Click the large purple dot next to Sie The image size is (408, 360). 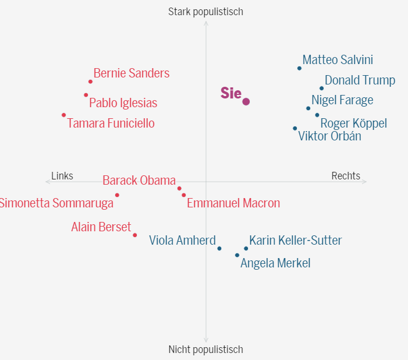pos(246,101)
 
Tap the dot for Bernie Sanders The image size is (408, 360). pos(90,82)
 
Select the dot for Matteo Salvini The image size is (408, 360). pos(300,68)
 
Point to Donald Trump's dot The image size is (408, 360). pos(321,89)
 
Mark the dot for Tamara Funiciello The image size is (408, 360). pos(64,115)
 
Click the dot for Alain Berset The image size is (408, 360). pos(135,235)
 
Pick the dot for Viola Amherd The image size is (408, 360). pos(219,248)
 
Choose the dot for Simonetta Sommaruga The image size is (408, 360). pos(117,195)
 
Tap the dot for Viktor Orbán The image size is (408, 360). pos(295,128)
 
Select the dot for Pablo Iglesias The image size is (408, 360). pos(86,95)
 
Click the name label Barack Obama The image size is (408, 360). pos(139,181)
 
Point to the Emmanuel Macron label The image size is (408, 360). pos(233,203)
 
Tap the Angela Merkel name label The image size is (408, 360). pos(275,263)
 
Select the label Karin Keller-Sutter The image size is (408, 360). pos(296,240)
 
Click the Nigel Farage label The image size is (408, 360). pos(342,100)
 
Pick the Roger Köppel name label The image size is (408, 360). pos(353,123)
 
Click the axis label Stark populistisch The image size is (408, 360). pos(205,12)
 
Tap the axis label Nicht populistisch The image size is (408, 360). pos(205,350)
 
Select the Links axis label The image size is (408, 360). pos(62,176)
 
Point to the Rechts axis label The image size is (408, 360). pos(346,176)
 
